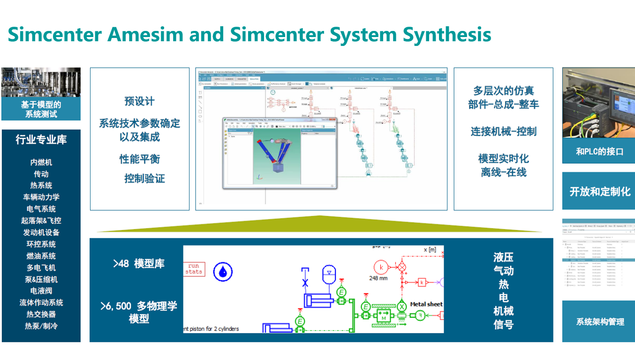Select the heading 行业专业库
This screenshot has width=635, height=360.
pyautogui.click(x=41, y=139)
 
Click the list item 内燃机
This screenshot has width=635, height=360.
pyautogui.click(x=41, y=162)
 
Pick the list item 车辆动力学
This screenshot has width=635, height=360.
pyautogui.click(x=41, y=197)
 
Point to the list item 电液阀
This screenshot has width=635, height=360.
pyautogui.click(x=41, y=291)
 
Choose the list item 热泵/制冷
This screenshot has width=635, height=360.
pyautogui.click(x=41, y=326)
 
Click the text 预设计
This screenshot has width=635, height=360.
pyautogui.click(x=139, y=101)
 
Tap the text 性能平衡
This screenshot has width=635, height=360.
pyautogui.click(x=139, y=159)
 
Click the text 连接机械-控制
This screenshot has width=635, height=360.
pyautogui.click(x=503, y=132)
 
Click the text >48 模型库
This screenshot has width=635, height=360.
pyautogui.click(x=139, y=264)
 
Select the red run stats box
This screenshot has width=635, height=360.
pyautogui.click(x=194, y=269)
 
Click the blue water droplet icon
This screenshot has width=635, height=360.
pyautogui.click(x=223, y=271)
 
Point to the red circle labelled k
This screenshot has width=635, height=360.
pyautogui.click(x=382, y=268)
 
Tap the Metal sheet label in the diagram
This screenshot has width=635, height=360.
pyautogui.click(x=426, y=304)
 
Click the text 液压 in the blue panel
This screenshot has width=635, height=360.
pyautogui.click(x=503, y=257)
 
